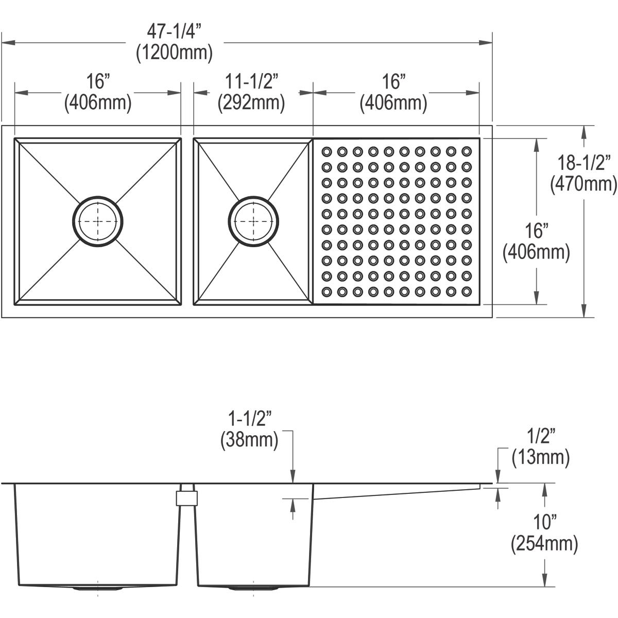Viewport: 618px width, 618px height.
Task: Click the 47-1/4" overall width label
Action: pos(174,32)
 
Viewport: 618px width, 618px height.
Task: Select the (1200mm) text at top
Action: pos(174,53)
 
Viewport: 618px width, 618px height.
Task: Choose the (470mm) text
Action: pos(583,183)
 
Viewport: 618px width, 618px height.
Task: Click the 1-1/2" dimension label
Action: pos(249,420)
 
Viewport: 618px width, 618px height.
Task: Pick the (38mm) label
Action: pos(249,440)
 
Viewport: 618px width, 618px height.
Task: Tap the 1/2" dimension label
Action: pos(540,437)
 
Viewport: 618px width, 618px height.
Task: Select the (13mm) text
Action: pos(540,457)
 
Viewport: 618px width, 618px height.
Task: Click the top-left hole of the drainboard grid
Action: pos(327,151)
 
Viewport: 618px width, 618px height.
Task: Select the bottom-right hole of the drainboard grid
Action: pos(467,291)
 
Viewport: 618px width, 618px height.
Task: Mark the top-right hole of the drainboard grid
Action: pos(467,151)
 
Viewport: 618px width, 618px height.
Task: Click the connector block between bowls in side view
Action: pos(187,498)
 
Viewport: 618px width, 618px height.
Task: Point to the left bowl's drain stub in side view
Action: pos(98,587)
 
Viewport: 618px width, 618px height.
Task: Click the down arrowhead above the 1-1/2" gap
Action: pos(293,479)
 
